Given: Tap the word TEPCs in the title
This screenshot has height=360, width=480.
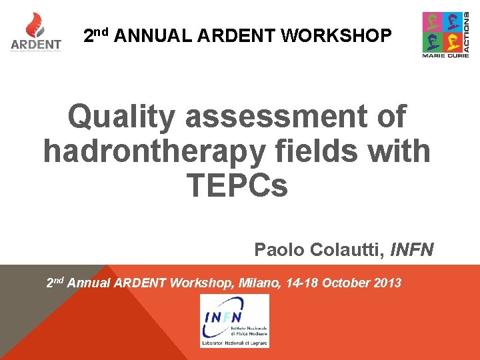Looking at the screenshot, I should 238,185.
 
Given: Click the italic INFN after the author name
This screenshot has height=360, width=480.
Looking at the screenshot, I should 413,250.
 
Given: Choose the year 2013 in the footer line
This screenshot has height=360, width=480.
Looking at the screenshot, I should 387,283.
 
